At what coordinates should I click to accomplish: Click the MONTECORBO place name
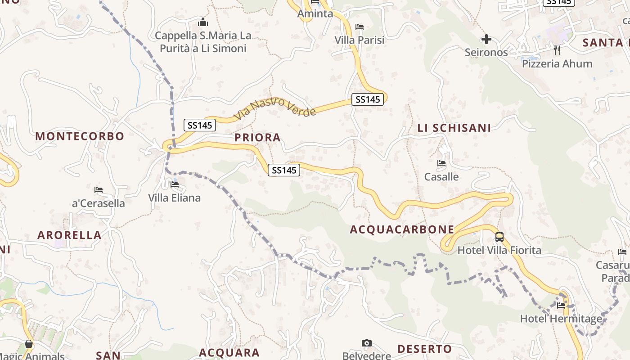pyautogui.click(x=80, y=136)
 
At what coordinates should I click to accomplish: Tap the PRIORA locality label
pyautogui.click(x=257, y=138)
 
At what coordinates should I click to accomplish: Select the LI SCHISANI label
pyautogui.click(x=454, y=128)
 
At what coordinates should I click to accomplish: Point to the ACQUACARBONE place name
pyautogui.click(x=402, y=229)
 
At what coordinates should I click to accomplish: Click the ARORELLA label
pyautogui.click(x=69, y=235)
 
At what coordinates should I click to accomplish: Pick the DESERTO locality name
pyautogui.click(x=424, y=349)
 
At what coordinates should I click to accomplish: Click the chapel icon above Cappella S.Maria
pyautogui.click(x=203, y=22)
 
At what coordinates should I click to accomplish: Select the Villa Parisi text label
pyautogui.click(x=360, y=40)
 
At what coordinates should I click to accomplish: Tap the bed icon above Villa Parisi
pyautogui.click(x=359, y=27)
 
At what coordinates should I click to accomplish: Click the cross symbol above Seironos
pyautogui.click(x=486, y=40)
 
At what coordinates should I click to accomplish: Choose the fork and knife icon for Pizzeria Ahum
pyautogui.click(x=557, y=50)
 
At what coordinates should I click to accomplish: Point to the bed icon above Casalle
pyautogui.click(x=441, y=163)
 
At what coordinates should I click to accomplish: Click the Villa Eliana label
pyautogui.click(x=175, y=198)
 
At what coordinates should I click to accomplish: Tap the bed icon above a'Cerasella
pyautogui.click(x=99, y=190)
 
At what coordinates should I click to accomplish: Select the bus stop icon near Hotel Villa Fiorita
pyautogui.click(x=499, y=237)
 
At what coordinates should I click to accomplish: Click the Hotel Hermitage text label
pyautogui.click(x=561, y=319)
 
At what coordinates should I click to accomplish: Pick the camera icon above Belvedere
pyautogui.click(x=367, y=343)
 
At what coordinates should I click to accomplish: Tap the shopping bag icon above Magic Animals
pyautogui.click(x=29, y=344)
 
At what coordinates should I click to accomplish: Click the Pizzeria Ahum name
pyautogui.click(x=557, y=64)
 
